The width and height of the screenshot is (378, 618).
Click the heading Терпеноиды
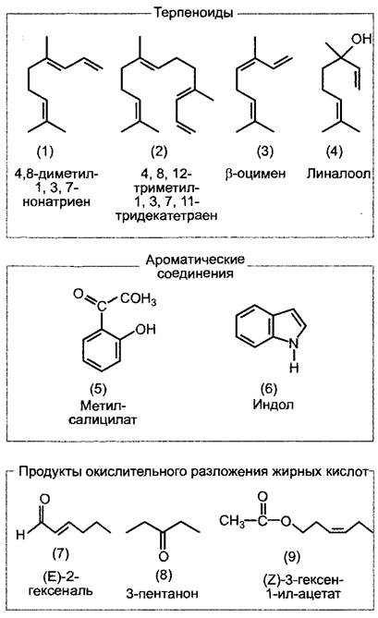coord(193,13)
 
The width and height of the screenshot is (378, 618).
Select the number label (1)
coord(45,151)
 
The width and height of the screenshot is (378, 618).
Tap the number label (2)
coord(159,151)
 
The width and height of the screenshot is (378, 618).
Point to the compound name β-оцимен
coord(255,174)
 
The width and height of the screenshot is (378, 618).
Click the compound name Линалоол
coord(339,174)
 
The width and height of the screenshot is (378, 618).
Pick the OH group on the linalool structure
coord(361,38)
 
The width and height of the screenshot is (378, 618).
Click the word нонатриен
coord(56,201)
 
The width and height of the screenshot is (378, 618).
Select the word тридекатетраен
coord(166,216)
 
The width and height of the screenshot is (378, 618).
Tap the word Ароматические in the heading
coord(195,260)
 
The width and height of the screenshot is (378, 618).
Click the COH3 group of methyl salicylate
coord(139,299)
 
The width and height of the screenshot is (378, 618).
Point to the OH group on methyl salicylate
coord(145,329)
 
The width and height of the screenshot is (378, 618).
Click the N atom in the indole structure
coord(294,344)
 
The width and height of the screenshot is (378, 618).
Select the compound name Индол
coord(274,405)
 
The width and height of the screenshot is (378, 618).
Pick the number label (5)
coord(98,389)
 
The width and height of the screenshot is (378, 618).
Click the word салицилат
coord(103,419)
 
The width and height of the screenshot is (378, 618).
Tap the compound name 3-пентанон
coord(162,594)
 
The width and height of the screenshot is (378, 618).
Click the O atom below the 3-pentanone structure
coord(164,556)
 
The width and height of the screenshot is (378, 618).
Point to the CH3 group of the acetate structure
coord(232,521)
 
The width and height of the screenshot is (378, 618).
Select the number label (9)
coord(292,557)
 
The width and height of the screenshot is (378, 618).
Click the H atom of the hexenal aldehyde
coord(20,535)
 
